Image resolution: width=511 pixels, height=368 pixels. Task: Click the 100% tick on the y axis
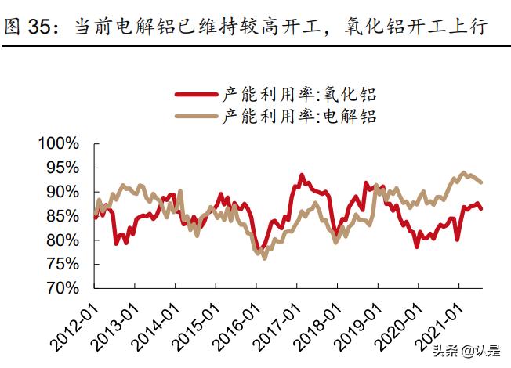59,143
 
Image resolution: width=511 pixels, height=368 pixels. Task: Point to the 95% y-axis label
62,168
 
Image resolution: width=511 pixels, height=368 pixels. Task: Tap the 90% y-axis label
62,192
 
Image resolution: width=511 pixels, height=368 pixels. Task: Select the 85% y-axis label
62,216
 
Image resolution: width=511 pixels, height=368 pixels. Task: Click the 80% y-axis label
62,240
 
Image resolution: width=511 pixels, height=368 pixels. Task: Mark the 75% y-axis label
62,264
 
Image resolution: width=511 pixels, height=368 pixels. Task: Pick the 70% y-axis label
62,288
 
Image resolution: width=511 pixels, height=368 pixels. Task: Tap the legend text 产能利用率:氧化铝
299,95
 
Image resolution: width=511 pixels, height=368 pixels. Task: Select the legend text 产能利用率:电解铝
299,117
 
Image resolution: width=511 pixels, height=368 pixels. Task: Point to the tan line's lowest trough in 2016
264,258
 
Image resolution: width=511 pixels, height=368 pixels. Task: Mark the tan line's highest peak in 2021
463,173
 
